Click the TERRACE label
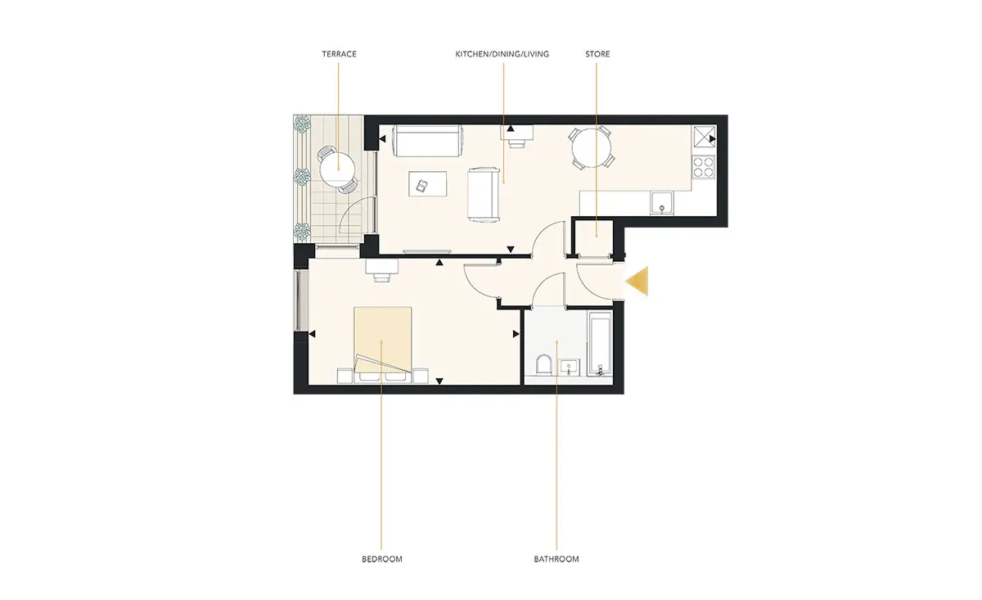339,54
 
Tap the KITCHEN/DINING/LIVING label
502,54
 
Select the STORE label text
597,54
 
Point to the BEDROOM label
382,559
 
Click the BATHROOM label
556,559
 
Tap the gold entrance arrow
637,281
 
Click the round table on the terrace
337,169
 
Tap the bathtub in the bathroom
600,344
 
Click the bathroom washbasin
569,367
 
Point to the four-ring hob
703,167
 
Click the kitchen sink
662,204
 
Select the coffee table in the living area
428,184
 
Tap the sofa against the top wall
427,140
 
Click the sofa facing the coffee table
484,194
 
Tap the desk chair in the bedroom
382,277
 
